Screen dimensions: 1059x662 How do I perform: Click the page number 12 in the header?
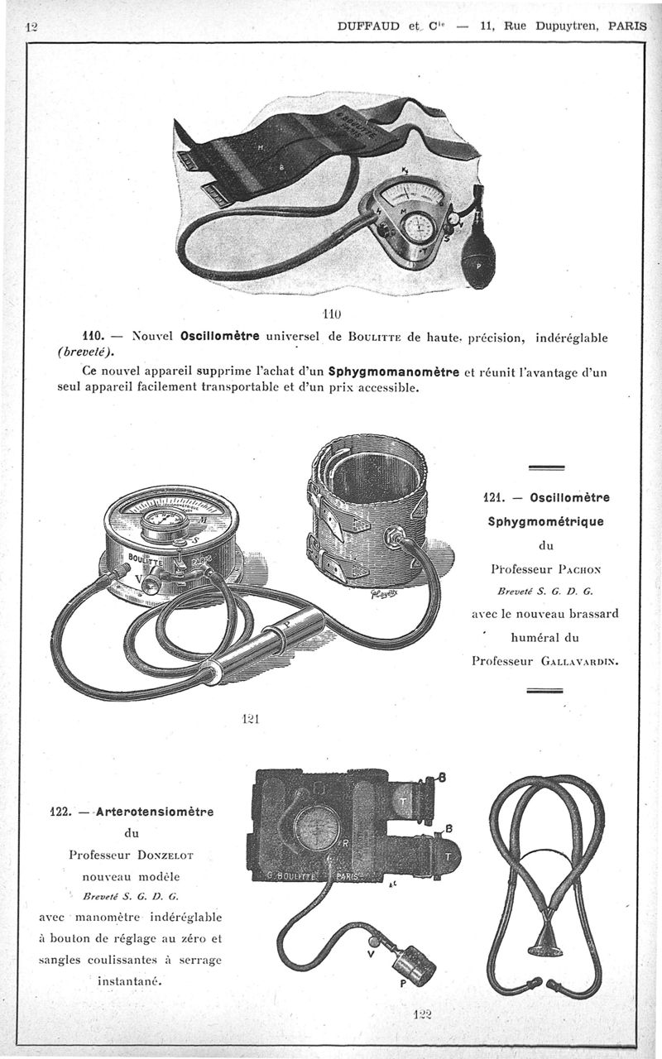point(32,26)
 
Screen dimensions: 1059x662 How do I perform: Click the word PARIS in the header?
point(627,26)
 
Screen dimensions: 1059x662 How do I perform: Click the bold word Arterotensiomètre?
point(155,812)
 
